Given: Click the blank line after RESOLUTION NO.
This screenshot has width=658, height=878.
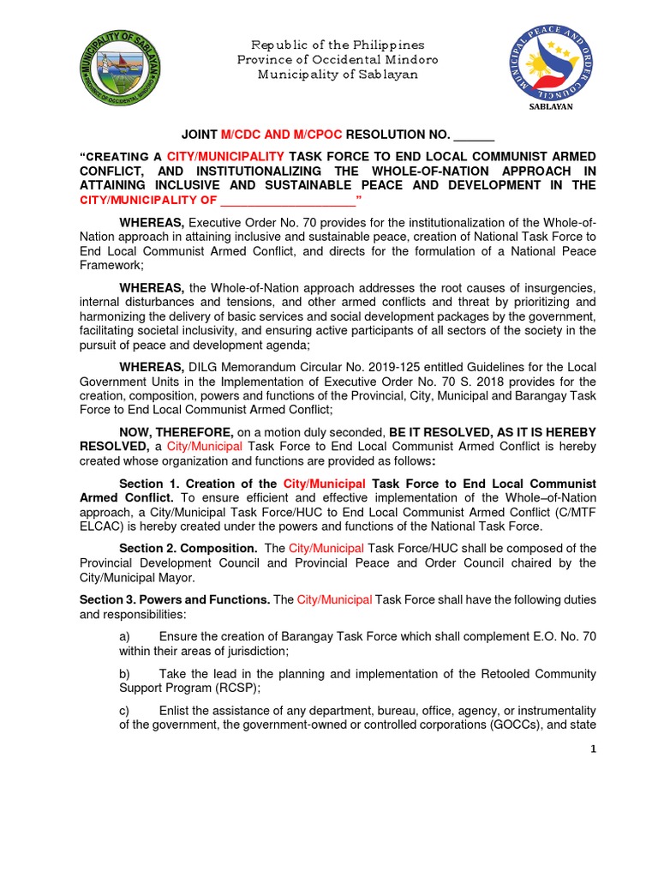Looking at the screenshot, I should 474,135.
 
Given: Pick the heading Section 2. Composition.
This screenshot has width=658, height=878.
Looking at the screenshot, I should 188,547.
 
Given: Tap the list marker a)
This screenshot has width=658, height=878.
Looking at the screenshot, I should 124,636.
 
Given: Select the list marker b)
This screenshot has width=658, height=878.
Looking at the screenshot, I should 124,673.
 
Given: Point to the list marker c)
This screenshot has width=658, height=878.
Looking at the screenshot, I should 124,710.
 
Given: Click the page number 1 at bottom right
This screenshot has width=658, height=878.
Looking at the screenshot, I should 592,749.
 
